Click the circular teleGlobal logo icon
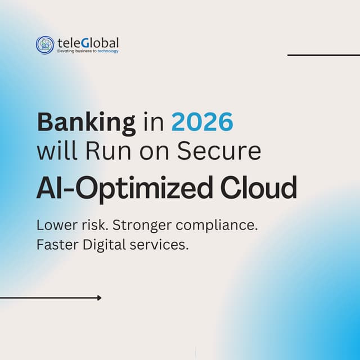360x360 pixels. coord(45,45)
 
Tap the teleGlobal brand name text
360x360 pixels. coord(88,42)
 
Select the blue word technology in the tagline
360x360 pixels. coord(108,51)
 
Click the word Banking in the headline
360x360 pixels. coord(86,123)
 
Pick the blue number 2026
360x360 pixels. coord(202,122)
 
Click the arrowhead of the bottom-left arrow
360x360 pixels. coord(99,298)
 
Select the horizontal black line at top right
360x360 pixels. coord(323,55)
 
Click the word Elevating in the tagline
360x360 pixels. coord(67,51)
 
